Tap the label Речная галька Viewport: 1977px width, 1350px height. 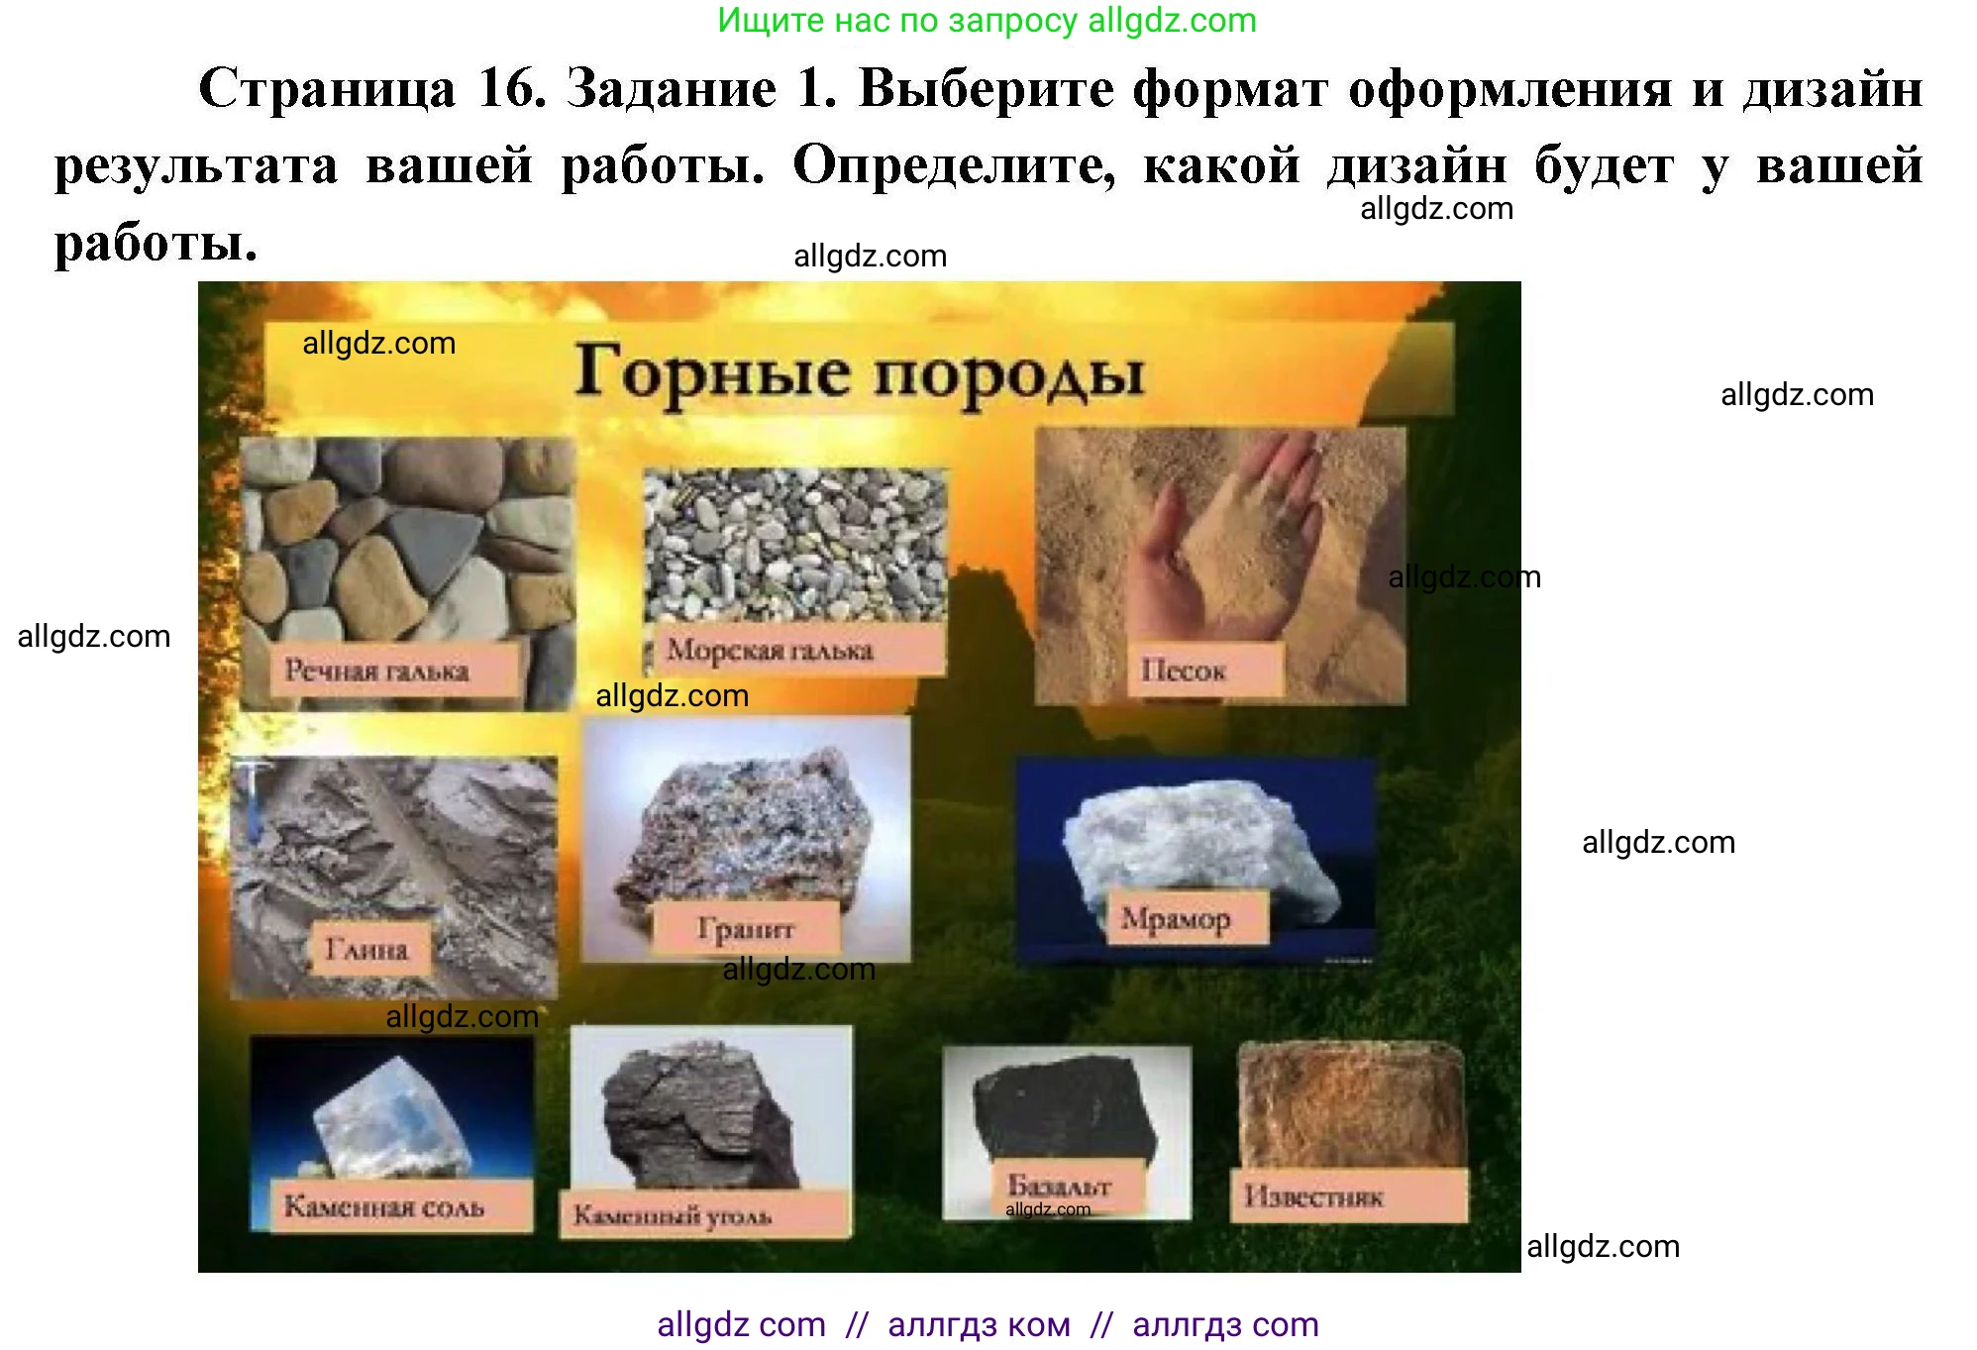[377, 671]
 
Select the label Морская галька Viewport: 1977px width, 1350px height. [771, 651]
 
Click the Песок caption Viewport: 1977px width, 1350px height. [1185, 671]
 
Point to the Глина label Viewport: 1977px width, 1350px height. [367, 949]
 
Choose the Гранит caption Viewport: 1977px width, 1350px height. [746, 929]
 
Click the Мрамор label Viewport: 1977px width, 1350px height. [1176, 919]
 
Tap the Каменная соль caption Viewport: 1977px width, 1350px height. [384, 1206]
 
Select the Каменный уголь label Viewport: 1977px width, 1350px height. [673, 1215]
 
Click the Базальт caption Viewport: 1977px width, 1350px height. [1060, 1185]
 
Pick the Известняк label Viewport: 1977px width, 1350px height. [1314, 1196]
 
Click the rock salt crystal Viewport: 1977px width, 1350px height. [391, 1119]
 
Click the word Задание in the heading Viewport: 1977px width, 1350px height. [671, 89]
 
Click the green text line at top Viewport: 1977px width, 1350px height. [987, 21]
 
